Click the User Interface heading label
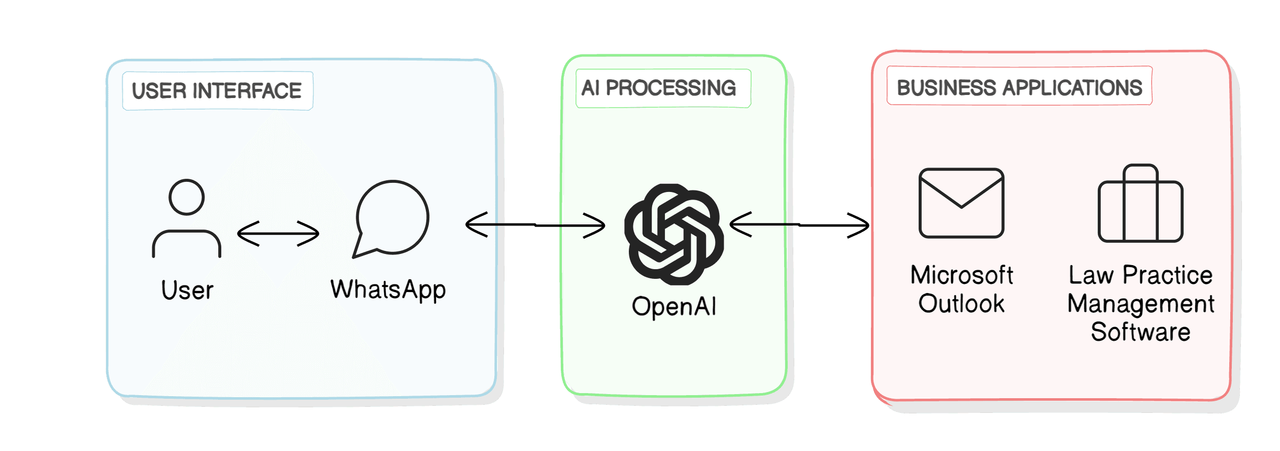pos(217,91)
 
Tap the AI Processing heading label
pos(659,88)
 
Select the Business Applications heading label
pos(1020,87)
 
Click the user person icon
pos(187,218)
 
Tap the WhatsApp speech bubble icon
pos(391,219)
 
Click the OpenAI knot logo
pos(674,234)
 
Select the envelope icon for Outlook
pos(962,203)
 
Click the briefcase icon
pos(1140,203)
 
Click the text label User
pos(187,291)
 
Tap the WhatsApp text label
pos(388,291)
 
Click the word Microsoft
pos(962,275)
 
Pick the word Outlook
pos(962,304)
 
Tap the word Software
pos(1141,332)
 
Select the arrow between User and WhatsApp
pos(278,234)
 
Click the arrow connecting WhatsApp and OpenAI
pos(535,224)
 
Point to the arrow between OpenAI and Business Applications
pos(799,224)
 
